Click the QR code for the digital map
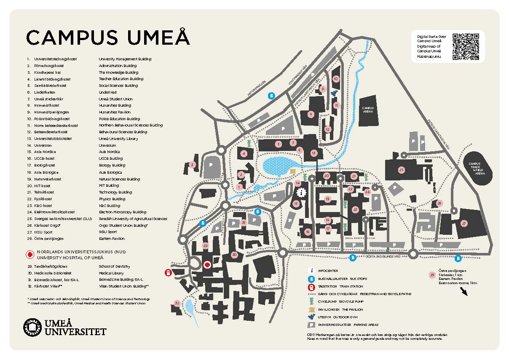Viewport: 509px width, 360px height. point(466,46)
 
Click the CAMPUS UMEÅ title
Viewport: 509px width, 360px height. point(108,38)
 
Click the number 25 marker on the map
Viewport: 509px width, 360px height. point(401,170)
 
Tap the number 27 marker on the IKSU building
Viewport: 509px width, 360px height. point(464,223)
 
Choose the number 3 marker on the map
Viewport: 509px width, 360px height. point(193,164)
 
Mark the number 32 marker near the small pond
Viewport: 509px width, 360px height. point(177,303)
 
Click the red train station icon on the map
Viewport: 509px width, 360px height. point(168,273)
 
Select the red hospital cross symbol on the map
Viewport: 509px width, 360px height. point(207,265)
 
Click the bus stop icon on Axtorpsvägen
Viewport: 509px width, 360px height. point(272,96)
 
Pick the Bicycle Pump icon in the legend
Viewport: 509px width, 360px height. point(311,301)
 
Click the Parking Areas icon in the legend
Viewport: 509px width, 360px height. point(311,325)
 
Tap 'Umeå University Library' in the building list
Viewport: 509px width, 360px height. point(118,138)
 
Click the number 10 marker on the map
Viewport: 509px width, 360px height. point(336,79)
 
